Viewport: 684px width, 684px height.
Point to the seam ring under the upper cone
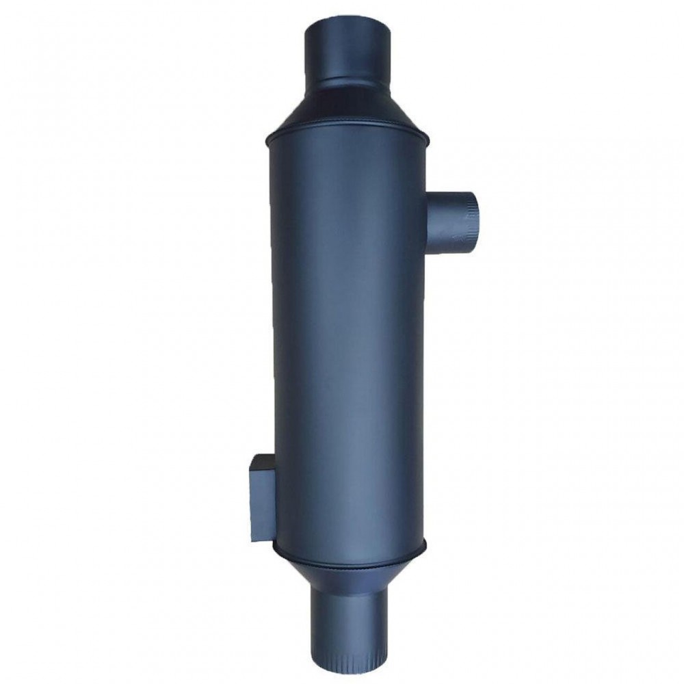pyautogui.click(x=346, y=131)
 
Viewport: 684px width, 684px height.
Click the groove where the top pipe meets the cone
pyautogui.click(x=347, y=81)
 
